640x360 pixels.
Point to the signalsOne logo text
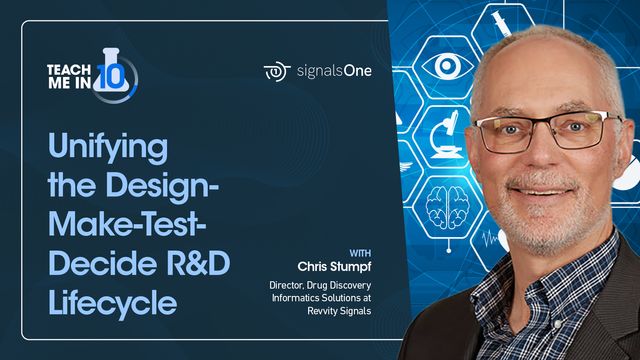point(334,71)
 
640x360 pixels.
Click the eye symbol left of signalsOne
point(277,71)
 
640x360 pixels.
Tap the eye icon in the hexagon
point(440,67)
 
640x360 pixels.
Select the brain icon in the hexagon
point(443,206)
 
